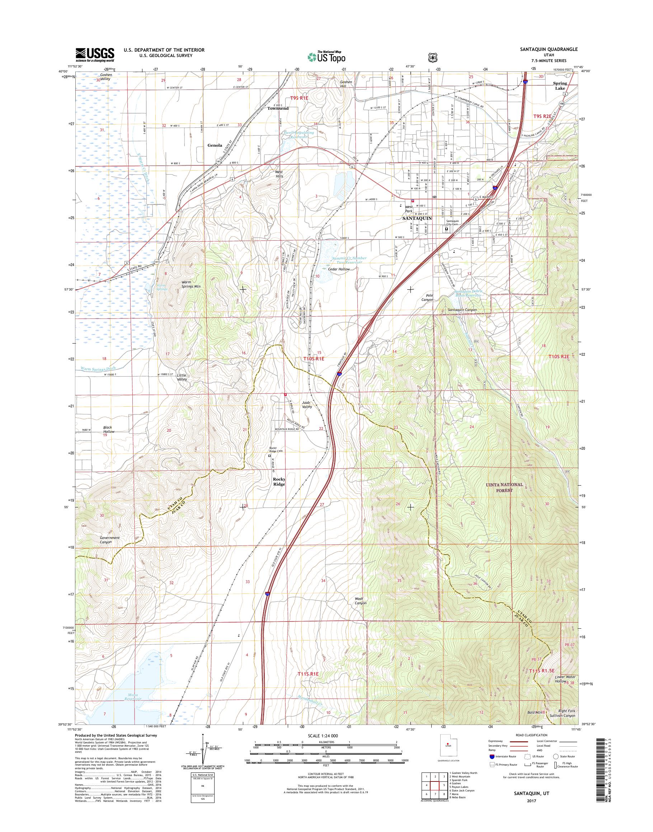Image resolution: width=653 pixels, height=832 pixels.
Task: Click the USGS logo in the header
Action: pyautogui.click(x=95, y=55)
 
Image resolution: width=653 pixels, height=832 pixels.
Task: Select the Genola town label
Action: pyautogui.click(x=215, y=145)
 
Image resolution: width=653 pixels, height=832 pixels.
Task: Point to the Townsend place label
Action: pyautogui.click(x=278, y=108)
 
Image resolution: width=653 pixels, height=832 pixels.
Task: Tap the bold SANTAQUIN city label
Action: pyautogui.click(x=417, y=218)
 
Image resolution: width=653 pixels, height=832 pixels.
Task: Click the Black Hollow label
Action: pyautogui.click(x=108, y=429)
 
